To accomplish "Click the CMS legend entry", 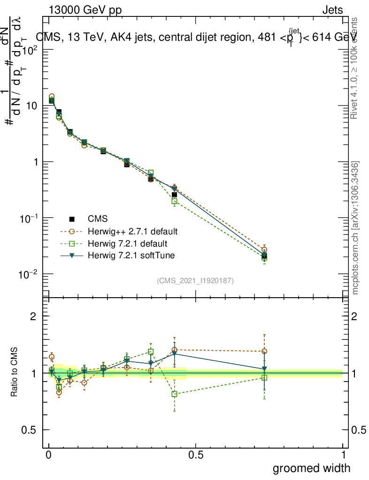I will (97, 219).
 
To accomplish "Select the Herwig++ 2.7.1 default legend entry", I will (132, 232).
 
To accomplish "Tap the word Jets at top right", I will (332, 10).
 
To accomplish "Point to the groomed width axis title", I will (311, 468).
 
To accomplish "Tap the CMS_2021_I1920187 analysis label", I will (195, 281).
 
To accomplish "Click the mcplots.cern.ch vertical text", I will (355, 228).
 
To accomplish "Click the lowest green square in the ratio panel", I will (174, 394).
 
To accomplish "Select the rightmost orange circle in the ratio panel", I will (264, 351).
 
